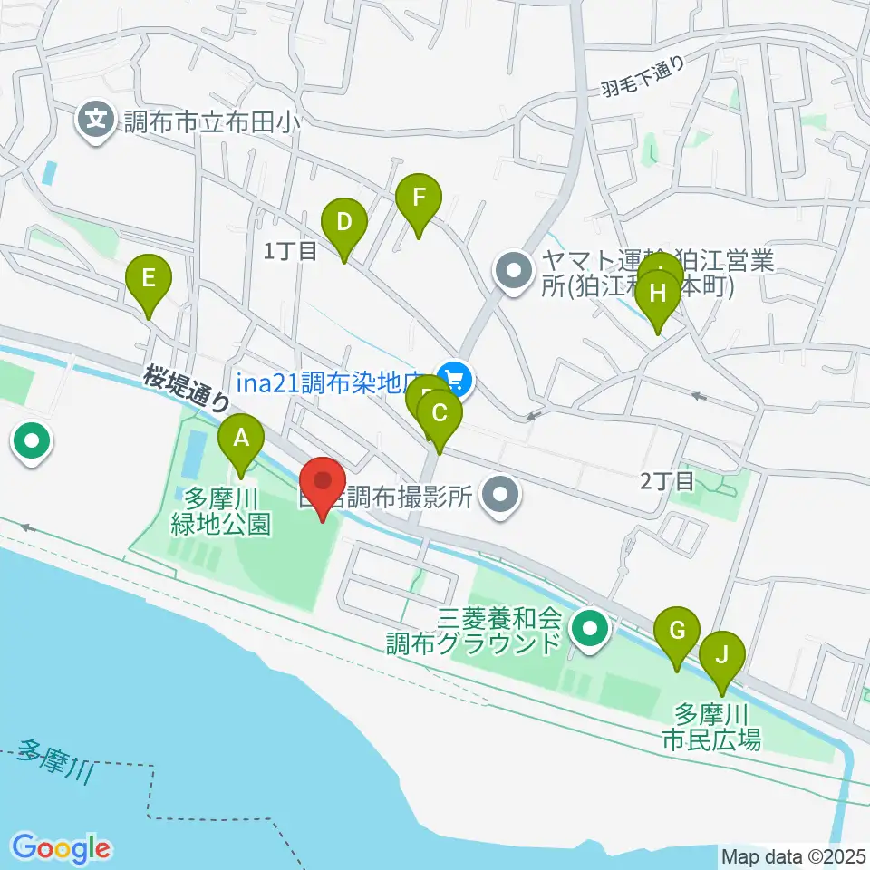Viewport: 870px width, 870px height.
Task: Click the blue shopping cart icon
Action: pos(455,379)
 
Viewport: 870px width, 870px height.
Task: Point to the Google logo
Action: pos(62,847)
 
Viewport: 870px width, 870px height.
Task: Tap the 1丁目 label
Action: pos(290,252)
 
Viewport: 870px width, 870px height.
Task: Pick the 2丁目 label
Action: pos(666,480)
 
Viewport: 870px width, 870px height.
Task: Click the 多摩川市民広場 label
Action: pos(711,728)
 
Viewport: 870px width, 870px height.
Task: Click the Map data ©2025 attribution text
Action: pos(794,855)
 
